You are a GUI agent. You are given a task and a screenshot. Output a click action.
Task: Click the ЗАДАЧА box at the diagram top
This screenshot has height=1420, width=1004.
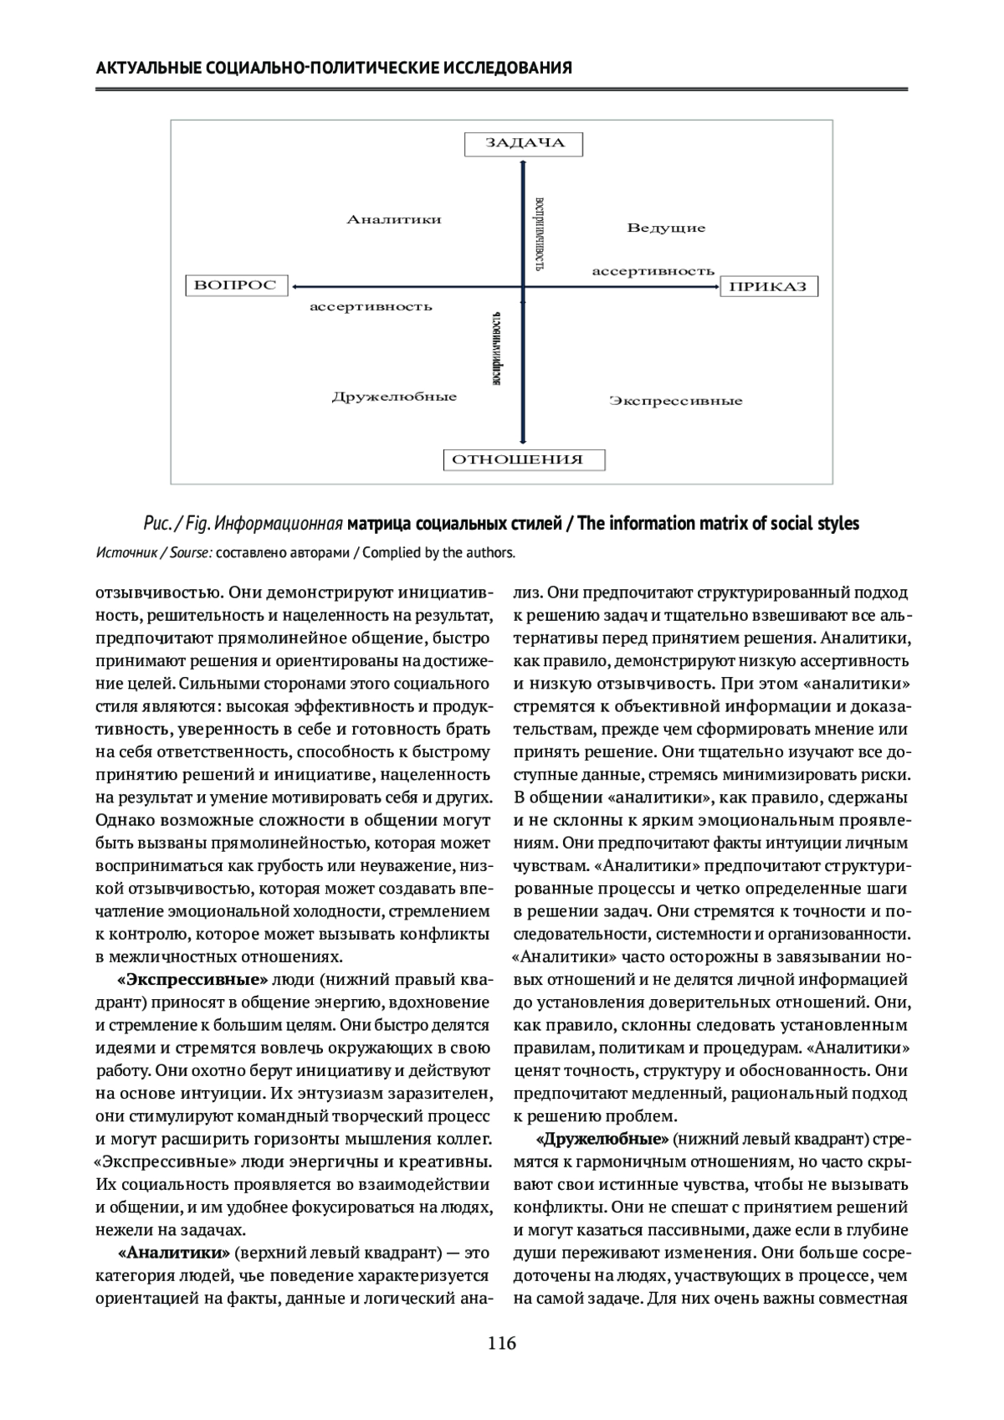click(524, 143)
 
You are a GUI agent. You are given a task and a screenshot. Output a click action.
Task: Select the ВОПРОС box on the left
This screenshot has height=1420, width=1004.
click(235, 285)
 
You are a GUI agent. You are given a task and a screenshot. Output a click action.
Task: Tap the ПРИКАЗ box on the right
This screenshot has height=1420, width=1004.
click(768, 287)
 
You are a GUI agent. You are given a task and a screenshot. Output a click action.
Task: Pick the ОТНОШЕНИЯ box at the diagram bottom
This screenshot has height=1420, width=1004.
click(524, 459)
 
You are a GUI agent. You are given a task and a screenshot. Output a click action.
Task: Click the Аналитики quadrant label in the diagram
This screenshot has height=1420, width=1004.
click(394, 220)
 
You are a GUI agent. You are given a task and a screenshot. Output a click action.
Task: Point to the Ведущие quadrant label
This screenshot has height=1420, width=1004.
click(666, 228)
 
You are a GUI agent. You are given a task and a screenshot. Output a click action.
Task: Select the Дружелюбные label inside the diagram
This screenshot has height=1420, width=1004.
click(394, 397)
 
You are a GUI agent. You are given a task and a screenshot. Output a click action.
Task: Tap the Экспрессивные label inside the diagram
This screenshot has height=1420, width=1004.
click(675, 402)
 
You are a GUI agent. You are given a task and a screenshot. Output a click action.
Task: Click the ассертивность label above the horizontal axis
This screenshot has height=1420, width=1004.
click(653, 271)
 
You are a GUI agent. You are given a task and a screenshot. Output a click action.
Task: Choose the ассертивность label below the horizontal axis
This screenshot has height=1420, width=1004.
click(371, 307)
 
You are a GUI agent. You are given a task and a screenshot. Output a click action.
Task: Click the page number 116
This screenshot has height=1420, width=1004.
click(502, 1344)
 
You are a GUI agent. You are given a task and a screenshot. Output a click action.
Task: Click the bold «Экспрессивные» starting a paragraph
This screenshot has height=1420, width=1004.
click(193, 980)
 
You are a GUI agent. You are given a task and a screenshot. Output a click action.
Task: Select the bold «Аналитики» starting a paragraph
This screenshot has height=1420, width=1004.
click(174, 1253)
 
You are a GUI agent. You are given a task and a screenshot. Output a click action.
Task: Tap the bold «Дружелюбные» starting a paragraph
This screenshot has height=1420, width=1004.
click(602, 1140)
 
